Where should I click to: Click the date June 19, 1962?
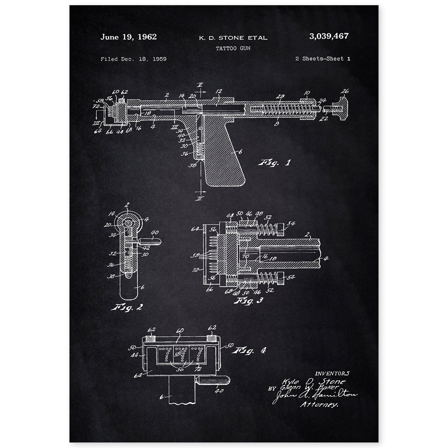128,37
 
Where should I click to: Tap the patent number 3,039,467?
328,36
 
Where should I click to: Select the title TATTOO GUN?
233,48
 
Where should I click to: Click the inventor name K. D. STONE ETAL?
233,38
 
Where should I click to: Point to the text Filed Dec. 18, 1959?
133,59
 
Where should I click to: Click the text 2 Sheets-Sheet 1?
322,59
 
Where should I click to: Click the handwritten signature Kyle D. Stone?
314,381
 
